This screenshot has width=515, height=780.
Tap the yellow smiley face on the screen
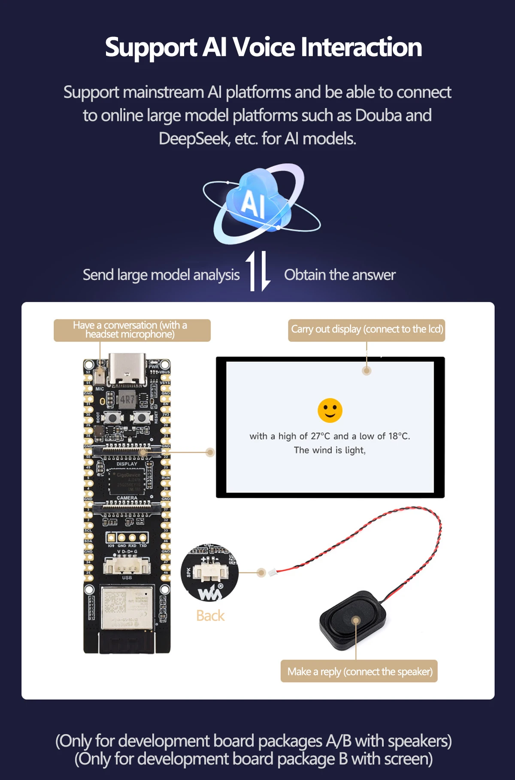click(x=330, y=410)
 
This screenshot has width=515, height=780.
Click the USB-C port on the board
click(x=127, y=369)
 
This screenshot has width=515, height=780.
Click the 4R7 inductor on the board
click(x=127, y=400)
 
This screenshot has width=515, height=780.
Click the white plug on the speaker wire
click(x=273, y=572)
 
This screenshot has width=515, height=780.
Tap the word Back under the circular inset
click(x=210, y=616)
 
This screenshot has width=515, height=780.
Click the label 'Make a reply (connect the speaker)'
click(x=360, y=671)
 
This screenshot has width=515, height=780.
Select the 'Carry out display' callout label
click(x=367, y=329)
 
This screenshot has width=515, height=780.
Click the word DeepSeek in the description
click(x=194, y=139)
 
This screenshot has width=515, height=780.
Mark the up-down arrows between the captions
click(x=257, y=271)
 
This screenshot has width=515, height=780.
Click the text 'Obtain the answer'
click(x=339, y=275)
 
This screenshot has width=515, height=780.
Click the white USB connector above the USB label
click(x=127, y=566)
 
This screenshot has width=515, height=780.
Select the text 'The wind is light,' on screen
click(x=330, y=450)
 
